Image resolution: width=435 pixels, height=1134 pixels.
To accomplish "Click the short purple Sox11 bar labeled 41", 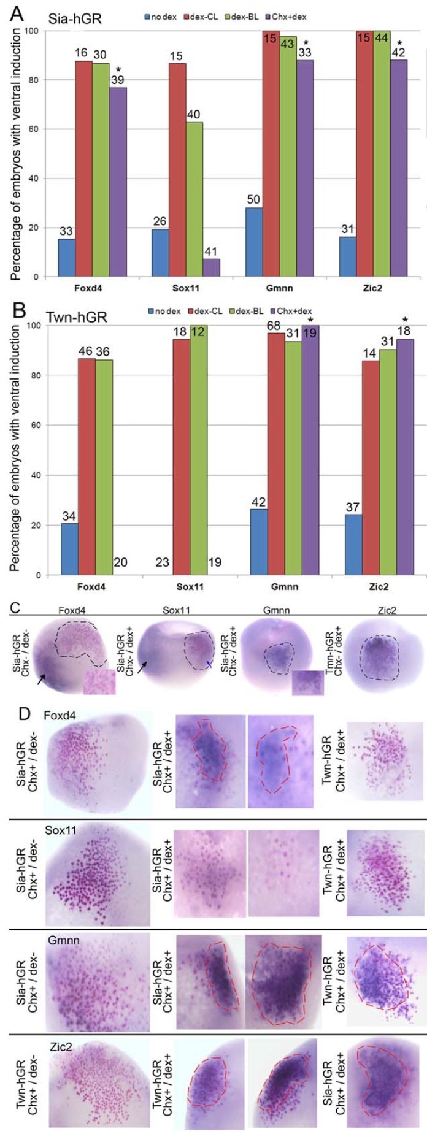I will click(x=210, y=267).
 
